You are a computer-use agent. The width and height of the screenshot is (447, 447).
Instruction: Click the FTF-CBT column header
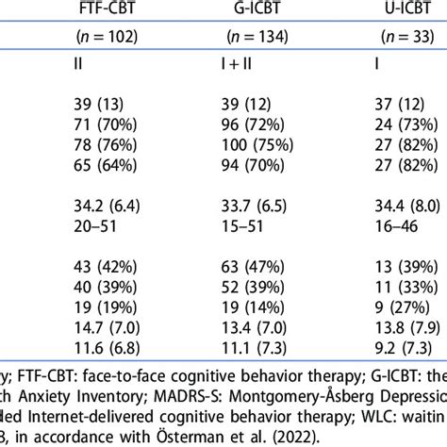point(104,14)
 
